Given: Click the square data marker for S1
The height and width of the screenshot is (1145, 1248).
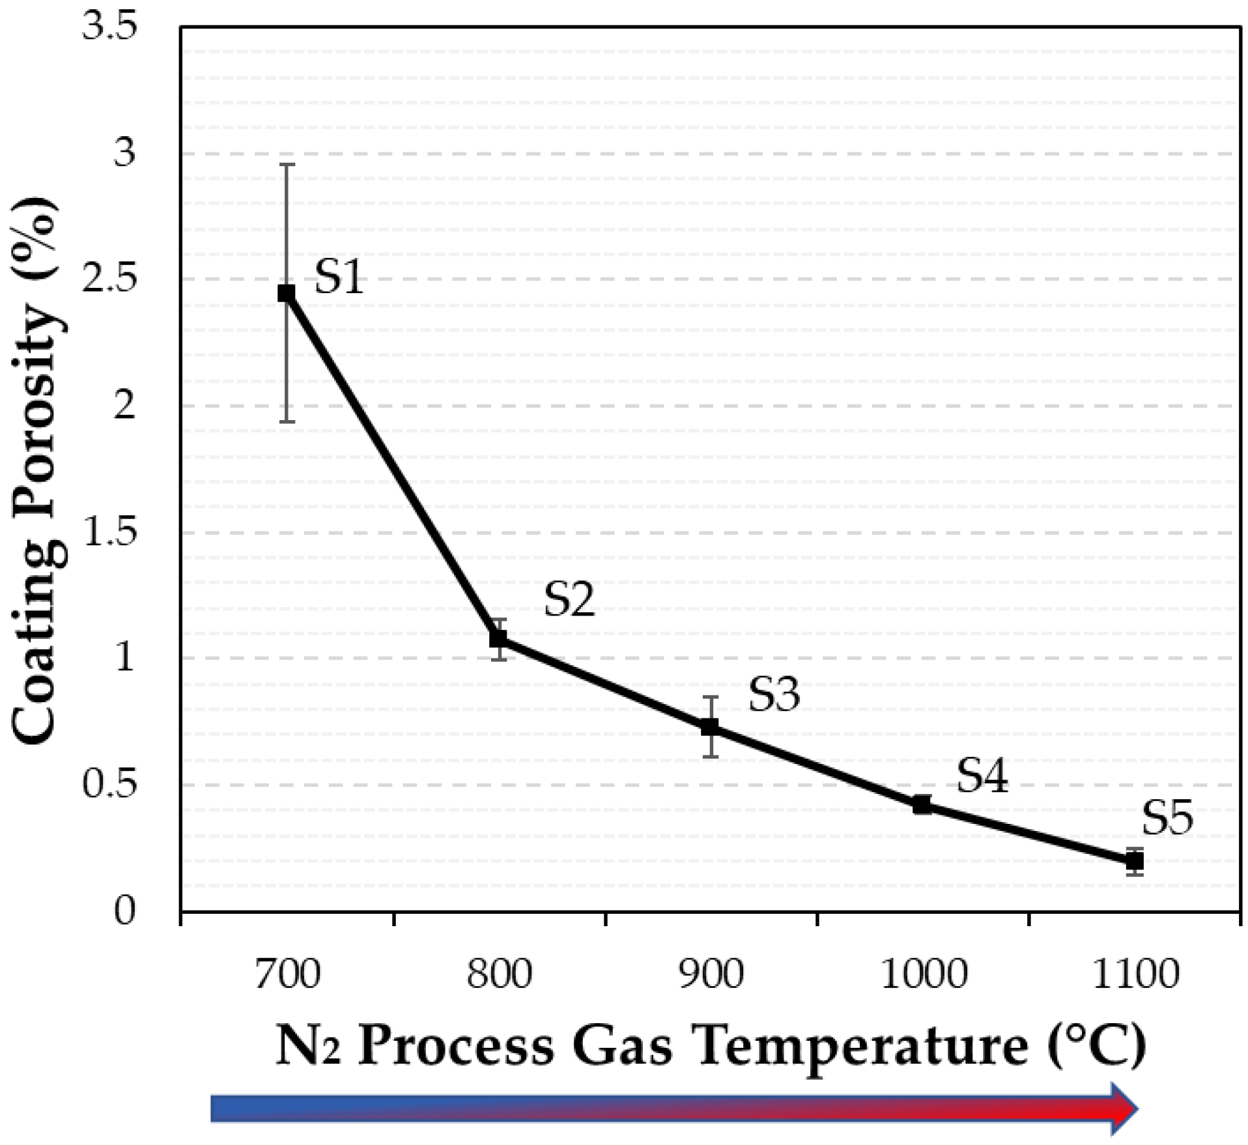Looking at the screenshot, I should coord(286,294).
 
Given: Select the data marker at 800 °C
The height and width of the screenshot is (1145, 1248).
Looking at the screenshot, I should coord(498,638).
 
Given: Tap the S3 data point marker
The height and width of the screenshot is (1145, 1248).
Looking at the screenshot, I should coord(710,726).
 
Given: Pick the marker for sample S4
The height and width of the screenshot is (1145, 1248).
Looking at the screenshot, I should coord(922,805).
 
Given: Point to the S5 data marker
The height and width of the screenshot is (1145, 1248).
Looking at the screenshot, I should coord(1135,861).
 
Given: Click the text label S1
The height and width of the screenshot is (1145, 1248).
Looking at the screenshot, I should coord(339,277).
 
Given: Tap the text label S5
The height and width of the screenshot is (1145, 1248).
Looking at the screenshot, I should coord(1167,818).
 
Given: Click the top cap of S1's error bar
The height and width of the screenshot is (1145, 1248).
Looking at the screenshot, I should coord(287,165).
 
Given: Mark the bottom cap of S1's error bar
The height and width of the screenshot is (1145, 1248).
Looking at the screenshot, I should coord(287,422).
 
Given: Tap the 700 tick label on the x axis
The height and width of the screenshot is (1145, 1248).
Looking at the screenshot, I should coord(287,975).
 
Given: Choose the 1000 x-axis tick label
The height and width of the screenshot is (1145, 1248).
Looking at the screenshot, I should coord(923,975).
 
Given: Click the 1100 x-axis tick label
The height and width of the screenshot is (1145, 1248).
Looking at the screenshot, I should coord(1135,975).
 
